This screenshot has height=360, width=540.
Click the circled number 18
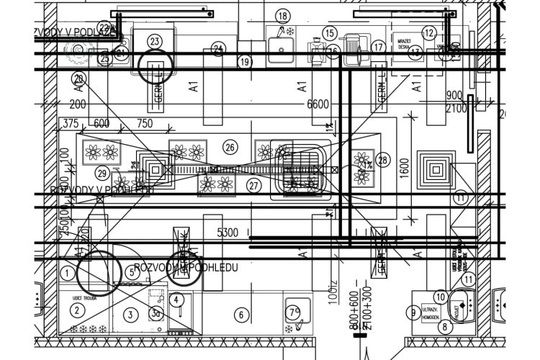tap(282, 16)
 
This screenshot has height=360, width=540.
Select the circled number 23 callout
tap(155, 41)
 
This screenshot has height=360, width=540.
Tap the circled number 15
tap(330, 33)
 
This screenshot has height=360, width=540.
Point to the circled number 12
tap(429, 32)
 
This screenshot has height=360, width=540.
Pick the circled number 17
tap(379, 47)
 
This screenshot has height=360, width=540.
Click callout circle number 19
tap(245, 62)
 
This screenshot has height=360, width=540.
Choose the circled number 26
tap(230, 148)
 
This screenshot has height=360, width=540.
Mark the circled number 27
tap(253, 185)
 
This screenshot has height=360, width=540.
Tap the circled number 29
tap(102, 173)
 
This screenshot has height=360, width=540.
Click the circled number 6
tap(242, 315)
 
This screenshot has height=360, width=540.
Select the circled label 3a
tap(155, 312)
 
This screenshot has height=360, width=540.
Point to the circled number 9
tap(413, 312)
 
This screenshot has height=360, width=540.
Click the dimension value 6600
tap(318, 104)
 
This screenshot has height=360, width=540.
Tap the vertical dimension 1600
tap(404, 168)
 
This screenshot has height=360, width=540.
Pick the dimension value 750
tap(145, 124)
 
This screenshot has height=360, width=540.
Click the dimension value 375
tap(70, 124)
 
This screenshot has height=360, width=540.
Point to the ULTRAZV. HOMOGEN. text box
tap(433, 312)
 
